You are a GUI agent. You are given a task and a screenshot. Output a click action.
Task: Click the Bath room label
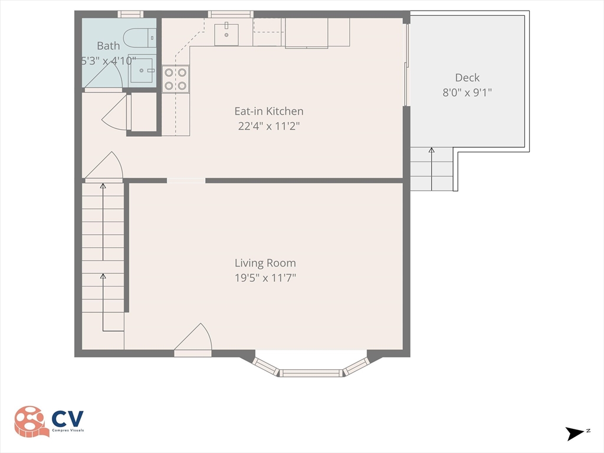[108, 45]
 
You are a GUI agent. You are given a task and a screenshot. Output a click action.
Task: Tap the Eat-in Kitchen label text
[269, 111]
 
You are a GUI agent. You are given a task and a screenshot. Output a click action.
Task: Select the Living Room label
[265, 263]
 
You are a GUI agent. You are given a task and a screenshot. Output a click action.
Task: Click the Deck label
[467, 77]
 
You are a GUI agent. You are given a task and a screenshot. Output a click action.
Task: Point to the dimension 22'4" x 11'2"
[269, 125]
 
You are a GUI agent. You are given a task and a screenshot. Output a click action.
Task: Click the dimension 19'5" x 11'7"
[265, 278]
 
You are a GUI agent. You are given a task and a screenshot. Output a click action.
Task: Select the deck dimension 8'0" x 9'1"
[467, 92]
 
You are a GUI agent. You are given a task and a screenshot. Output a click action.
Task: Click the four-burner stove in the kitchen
[176, 79]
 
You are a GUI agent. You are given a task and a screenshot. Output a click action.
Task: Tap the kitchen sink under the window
[226, 34]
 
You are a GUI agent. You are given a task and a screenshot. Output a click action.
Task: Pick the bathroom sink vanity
[142, 70]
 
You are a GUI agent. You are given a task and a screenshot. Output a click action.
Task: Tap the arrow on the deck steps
[431, 168]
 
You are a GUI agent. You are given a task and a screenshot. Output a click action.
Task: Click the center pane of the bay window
[311, 373]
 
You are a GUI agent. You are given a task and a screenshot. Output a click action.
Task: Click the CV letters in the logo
[67, 419]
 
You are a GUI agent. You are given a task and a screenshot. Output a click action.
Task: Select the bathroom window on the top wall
[130, 14]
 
